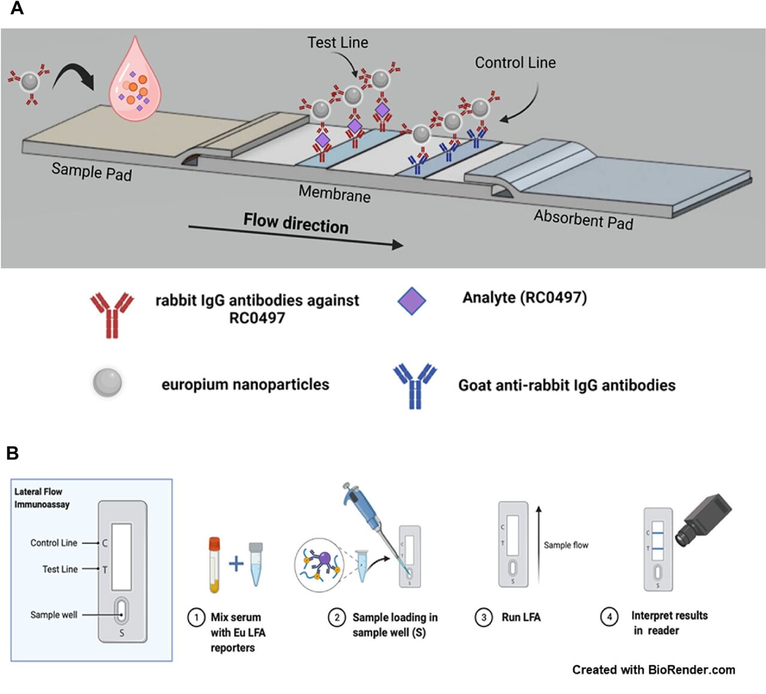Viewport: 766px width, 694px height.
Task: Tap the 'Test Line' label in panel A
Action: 338,42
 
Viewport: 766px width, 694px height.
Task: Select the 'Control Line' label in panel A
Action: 515,63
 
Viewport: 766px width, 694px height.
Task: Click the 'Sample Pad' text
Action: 91,172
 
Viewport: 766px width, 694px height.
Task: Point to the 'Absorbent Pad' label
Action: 583,220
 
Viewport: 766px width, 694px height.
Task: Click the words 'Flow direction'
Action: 296,223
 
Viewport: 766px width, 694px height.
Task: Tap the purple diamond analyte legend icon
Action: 412,301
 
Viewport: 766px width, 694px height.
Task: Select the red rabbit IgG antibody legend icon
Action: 112,315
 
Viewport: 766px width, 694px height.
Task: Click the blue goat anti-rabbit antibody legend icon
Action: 415,386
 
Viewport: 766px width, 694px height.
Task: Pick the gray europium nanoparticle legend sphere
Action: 108,383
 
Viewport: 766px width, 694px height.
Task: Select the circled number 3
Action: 484,617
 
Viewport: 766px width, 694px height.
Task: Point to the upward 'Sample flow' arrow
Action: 539,544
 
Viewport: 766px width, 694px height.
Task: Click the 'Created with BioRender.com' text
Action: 653,670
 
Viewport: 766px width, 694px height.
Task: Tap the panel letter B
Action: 13,453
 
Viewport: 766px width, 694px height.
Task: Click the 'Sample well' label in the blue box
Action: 54,614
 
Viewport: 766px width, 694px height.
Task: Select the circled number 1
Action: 196,617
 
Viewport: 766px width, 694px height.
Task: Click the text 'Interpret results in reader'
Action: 668,623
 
